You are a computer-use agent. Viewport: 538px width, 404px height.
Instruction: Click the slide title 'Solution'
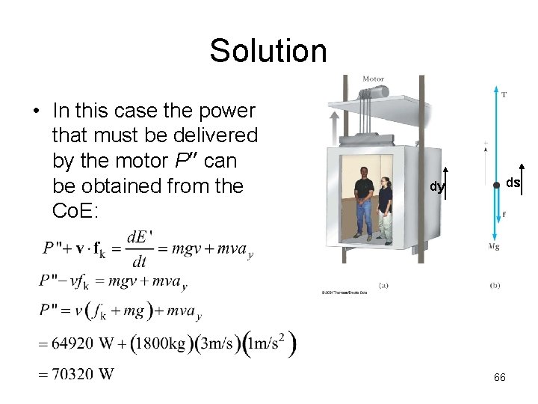[268, 51]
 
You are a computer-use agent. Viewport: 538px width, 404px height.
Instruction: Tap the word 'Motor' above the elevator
[374, 79]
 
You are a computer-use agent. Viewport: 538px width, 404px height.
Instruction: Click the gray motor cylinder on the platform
[378, 92]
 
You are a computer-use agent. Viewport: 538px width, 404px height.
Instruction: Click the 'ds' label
[513, 183]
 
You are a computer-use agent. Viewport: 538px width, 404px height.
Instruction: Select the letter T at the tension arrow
[504, 94]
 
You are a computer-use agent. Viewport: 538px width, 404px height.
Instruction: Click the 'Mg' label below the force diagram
[494, 245]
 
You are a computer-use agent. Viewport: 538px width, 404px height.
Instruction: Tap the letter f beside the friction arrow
[504, 214]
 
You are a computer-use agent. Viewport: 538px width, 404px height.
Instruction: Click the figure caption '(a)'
[383, 285]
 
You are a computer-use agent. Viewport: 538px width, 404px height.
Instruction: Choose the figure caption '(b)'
[495, 285]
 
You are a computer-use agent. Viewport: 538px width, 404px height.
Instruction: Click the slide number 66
[500, 377]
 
